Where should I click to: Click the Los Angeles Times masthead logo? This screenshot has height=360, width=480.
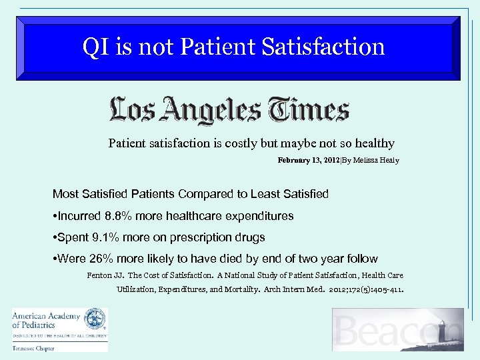[x=229, y=110]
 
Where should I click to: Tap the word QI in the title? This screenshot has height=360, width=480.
[x=93, y=47]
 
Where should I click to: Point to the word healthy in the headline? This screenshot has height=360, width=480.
[x=375, y=143]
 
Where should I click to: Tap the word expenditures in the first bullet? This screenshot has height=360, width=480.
[x=257, y=216]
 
